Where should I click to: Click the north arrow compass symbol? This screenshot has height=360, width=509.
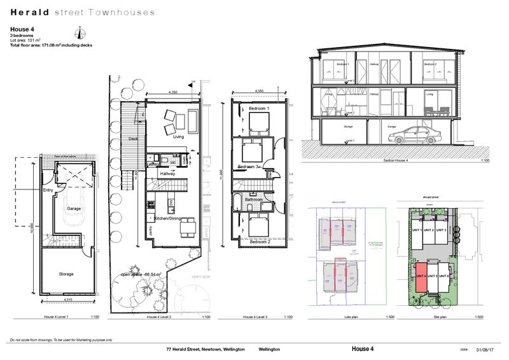[x=80, y=33]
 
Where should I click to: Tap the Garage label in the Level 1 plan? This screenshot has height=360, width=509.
[x=74, y=208]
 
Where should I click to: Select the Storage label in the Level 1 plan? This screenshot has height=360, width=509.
[x=66, y=274]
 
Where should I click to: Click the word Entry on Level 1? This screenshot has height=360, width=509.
[x=48, y=190]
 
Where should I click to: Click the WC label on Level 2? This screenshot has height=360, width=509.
[x=172, y=163]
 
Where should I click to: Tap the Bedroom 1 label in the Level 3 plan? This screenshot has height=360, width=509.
[x=259, y=109]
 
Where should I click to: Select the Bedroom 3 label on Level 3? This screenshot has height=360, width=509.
[x=248, y=167]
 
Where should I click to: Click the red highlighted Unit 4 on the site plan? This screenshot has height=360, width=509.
[x=421, y=277]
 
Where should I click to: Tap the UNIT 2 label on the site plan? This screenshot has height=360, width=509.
[x=429, y=230]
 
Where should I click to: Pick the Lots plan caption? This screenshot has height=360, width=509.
[x=347, y=316]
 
